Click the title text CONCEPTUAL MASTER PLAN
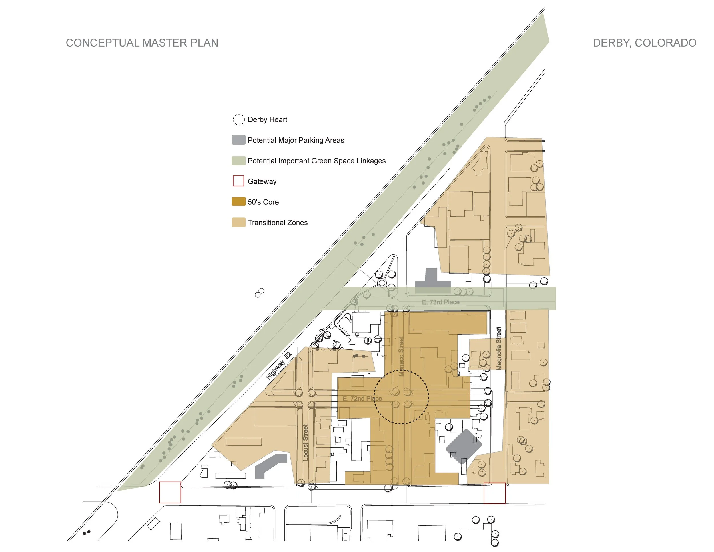pyautogui.click(x=142, y=43)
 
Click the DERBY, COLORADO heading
pyautogui.click(x=644, y=43)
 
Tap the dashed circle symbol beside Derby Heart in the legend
pyautogui.click(x=238, y=119)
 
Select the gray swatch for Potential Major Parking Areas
pyautogui.click(x=238, y=140)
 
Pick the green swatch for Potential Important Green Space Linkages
pyautogui.click(x=238, y=161)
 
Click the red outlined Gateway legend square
pyautogui.click(x=238, y=181)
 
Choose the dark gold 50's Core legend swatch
pyautogui.click(x=238, y=201)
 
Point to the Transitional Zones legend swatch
pyautogui.click(x=238, y=222)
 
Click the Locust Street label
pyautogui.click(x=305, y=442)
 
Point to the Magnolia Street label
pyautogui.click(x=499, y=348)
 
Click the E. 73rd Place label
pyautogui.click(x=440, y=302)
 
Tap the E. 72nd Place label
pyautogui.click(x=362, y=398)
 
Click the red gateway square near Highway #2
pyautogui.click(x=170, y=492)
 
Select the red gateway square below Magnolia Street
pyautogui.click(x=494, y=493)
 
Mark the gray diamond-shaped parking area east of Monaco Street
pyautogui.click(x=464, y=447)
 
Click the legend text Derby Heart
pyautogui.click(x=267, y=119)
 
